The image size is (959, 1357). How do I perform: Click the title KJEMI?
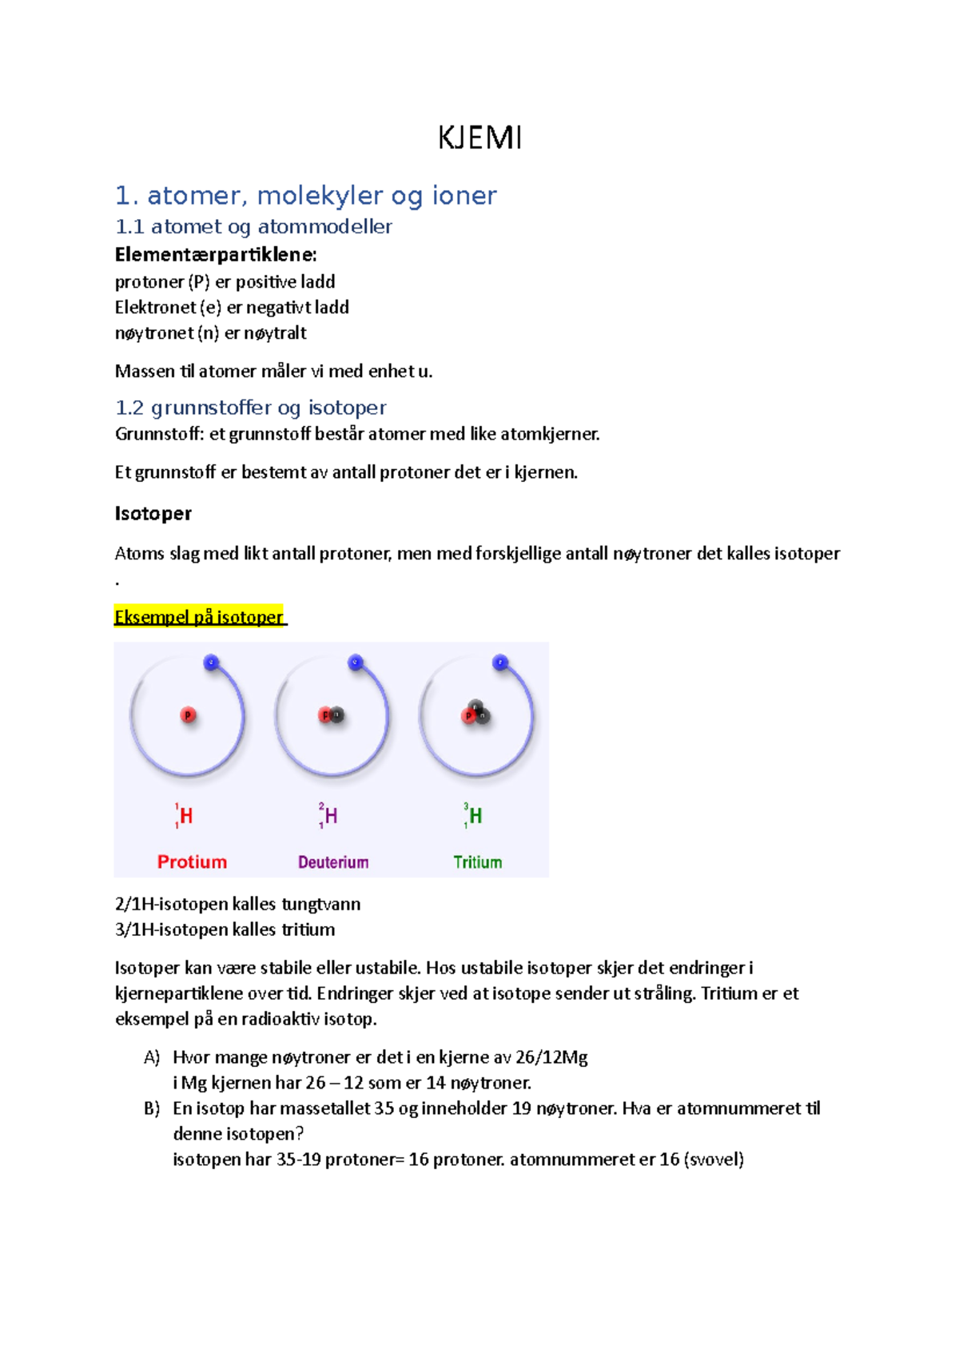(479, 137)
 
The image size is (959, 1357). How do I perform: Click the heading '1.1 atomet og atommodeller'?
(253, 227)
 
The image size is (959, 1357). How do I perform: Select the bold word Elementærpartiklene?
(216, 255)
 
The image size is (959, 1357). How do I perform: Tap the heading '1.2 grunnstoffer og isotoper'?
(250, 408)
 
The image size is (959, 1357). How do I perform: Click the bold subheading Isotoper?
(153, 513)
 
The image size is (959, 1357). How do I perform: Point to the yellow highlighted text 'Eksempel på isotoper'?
(199, 617)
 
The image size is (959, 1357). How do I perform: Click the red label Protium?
(192, 862)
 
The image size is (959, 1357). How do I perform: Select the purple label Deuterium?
(333, 862)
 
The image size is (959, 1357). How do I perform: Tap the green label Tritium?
(477, 862)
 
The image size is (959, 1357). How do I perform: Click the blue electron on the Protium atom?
(212, 663)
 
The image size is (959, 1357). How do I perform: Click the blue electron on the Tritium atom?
(500, 663)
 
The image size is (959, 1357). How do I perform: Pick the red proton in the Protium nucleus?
(188, 715)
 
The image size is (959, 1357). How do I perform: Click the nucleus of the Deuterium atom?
(331, 715)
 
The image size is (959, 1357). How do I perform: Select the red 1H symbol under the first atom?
(184, 815)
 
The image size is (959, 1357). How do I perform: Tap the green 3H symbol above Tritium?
(473, 815)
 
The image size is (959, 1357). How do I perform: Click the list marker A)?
(152, 1057)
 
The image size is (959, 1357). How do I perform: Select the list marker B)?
(152, 1108)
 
